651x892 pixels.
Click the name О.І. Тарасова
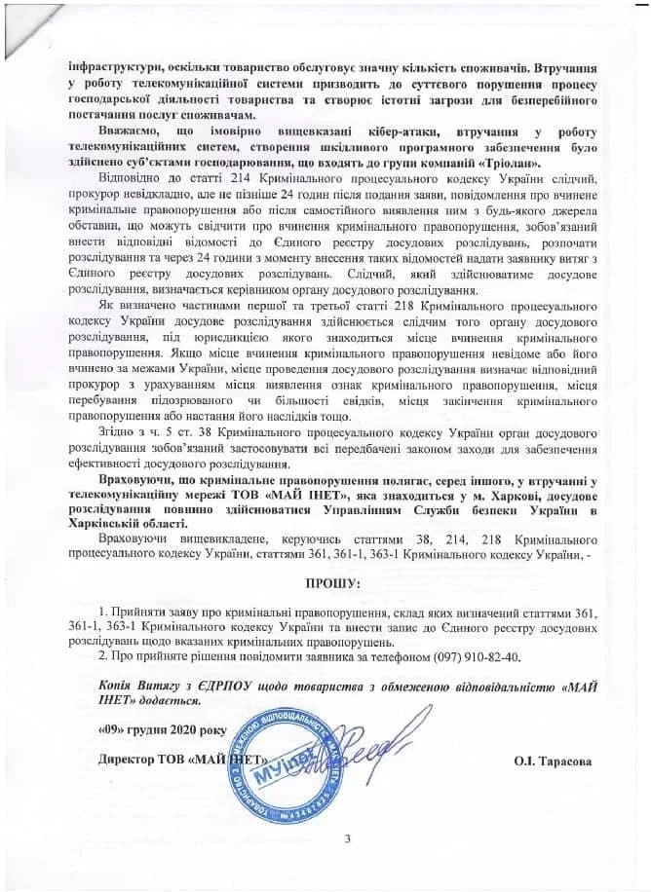point(553,759)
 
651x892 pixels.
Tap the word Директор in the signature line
point(128,759)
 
